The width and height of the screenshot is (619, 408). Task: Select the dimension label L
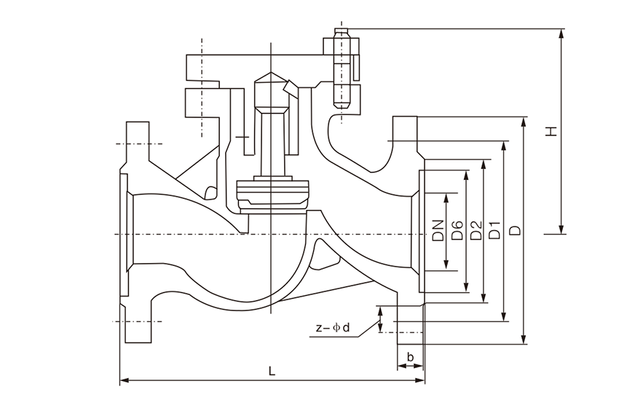tap(272, 371)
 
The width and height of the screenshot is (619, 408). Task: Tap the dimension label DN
tap(438, 231)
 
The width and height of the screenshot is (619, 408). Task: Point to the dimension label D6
tap(457, 231)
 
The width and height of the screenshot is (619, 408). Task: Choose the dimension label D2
tap(477, 231)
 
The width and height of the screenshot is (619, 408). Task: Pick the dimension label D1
tap(495, 231)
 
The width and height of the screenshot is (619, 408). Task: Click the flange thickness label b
tap(411, 357)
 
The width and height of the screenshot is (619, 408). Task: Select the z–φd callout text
tap(333, 327)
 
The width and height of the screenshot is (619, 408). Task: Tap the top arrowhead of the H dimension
tap(561, 34)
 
